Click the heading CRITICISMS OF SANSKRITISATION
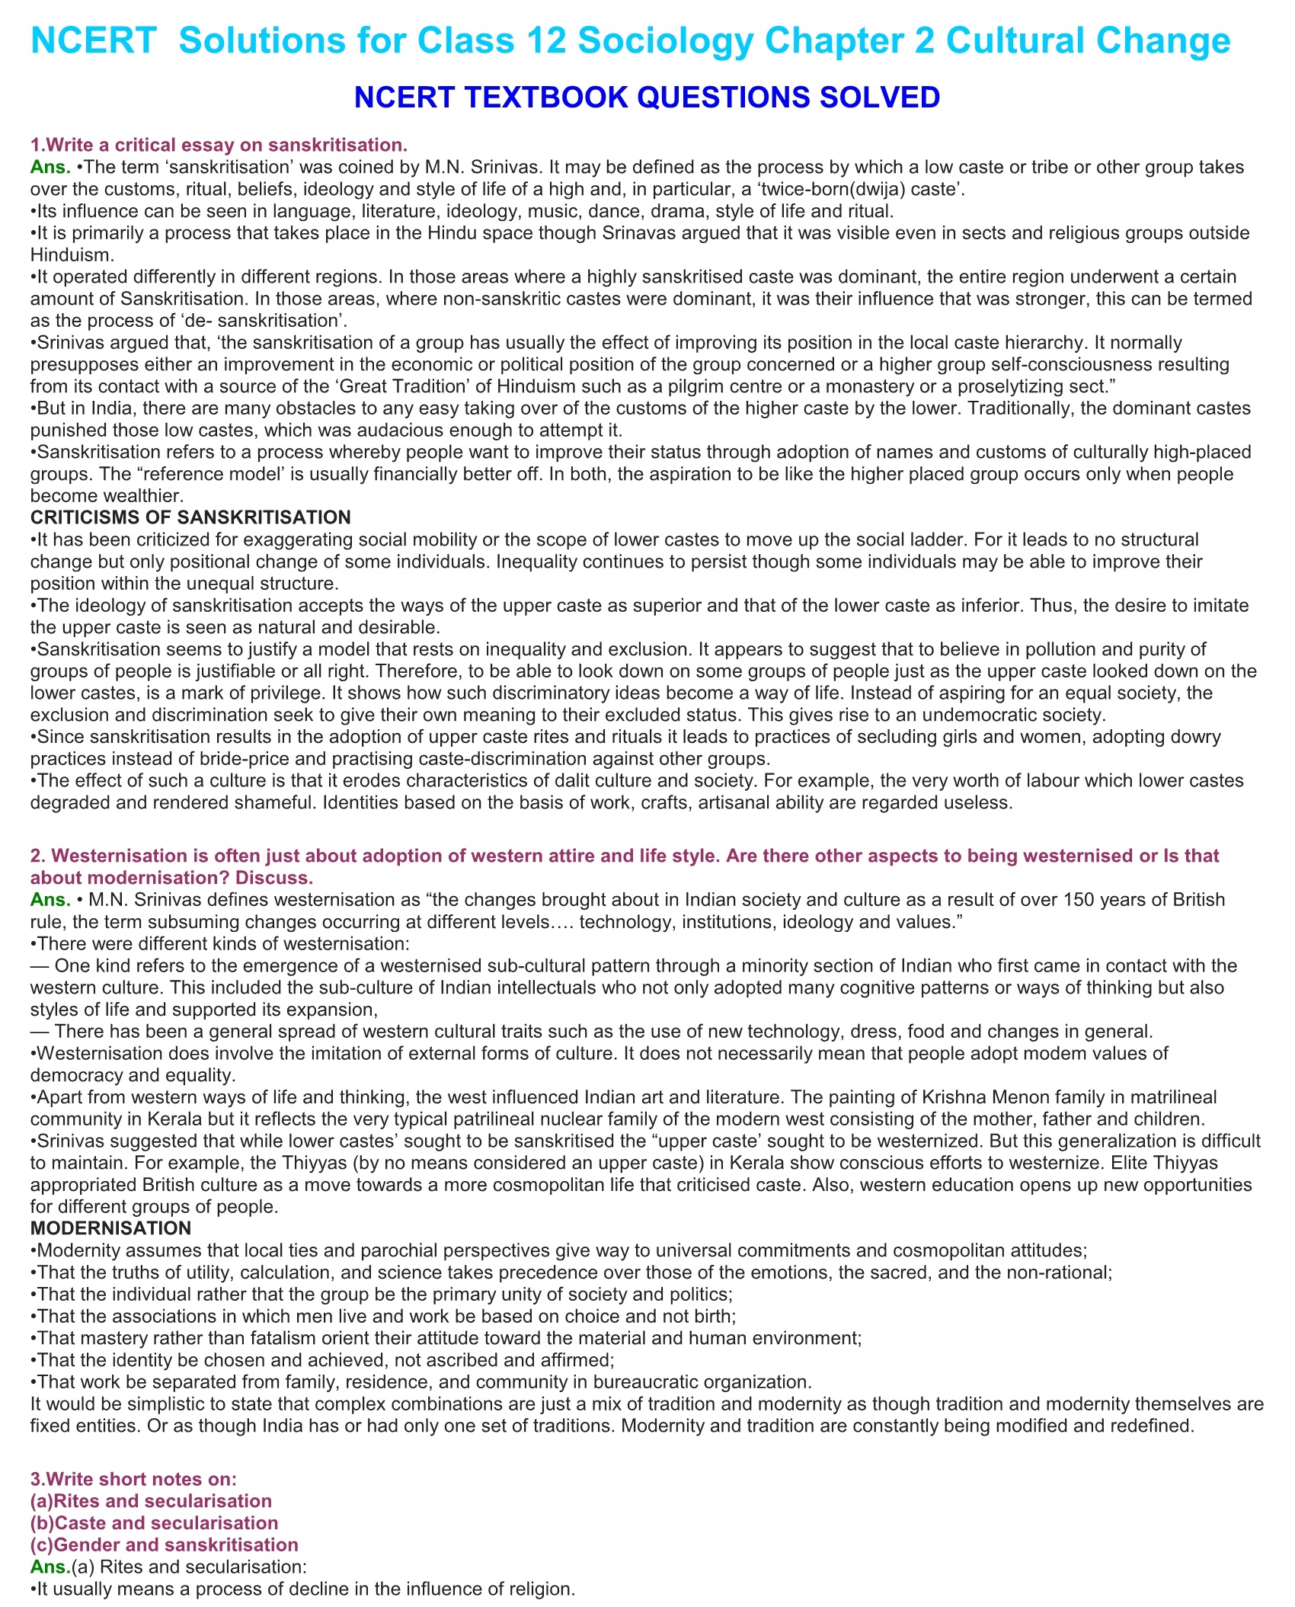[190, 517]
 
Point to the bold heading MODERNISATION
[110, 1228]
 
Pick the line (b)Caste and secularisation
[154, 1522]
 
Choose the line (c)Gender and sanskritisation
[164, 1545]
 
